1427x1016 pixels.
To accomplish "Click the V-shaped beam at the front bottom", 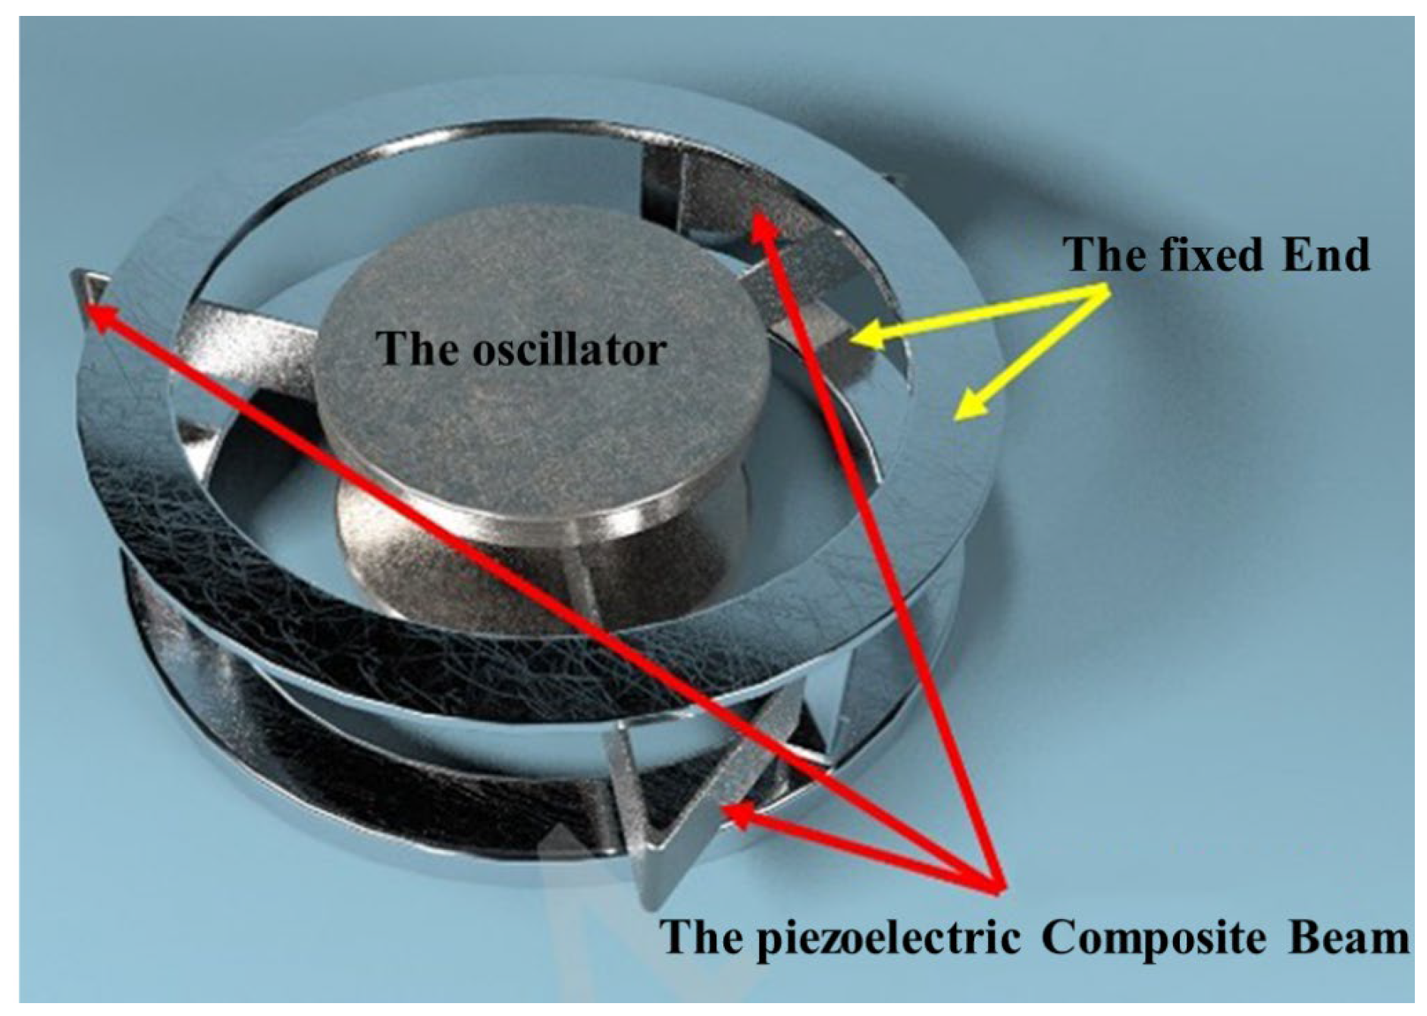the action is coord(667,819).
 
